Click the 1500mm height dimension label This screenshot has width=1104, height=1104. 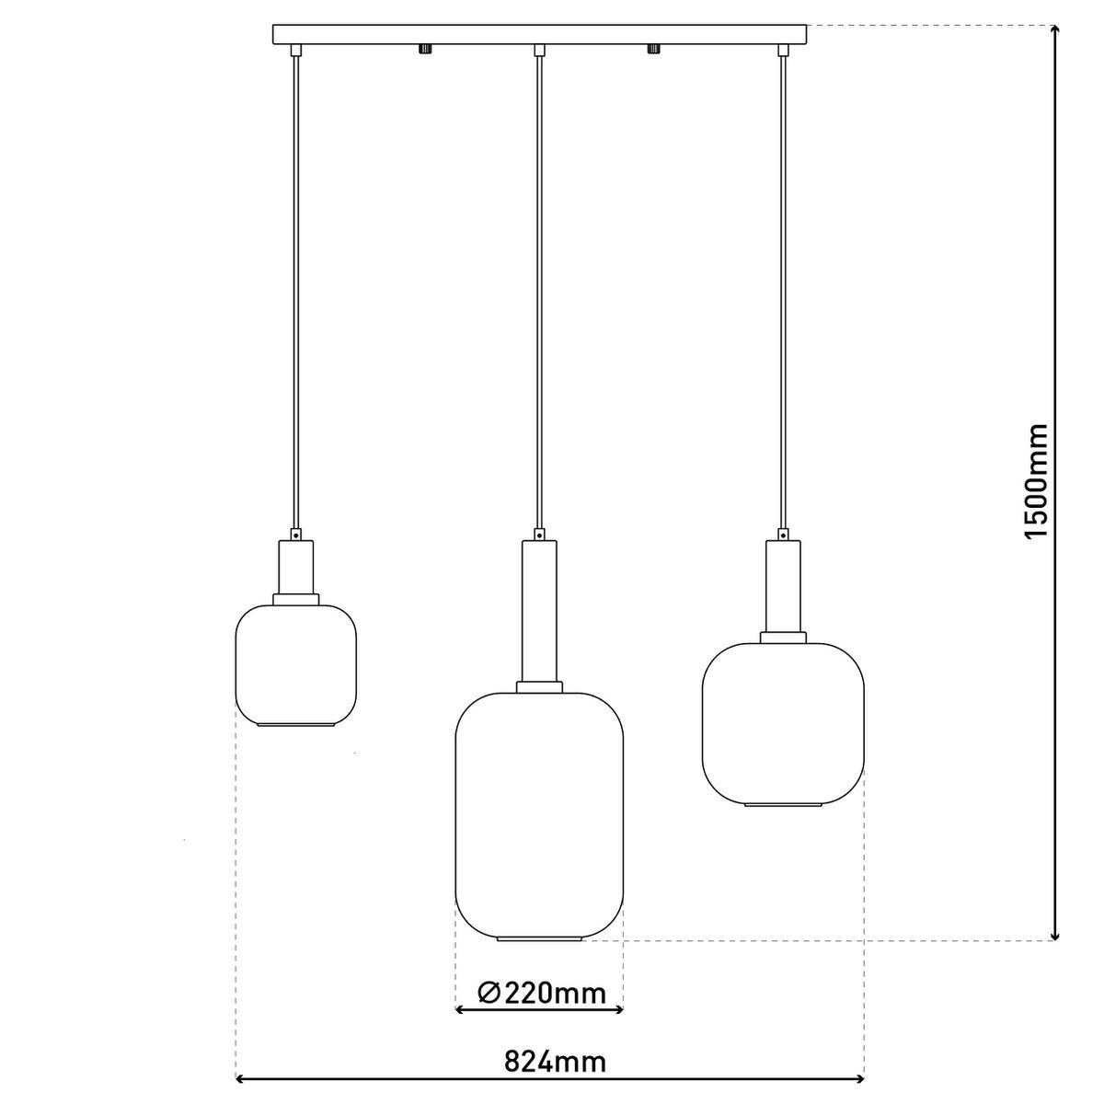click(x=1037, y=481)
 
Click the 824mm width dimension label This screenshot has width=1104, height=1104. click(x=555, y=1062)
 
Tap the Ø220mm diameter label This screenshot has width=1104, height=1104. click(x=543, y=993)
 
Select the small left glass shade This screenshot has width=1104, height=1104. click(x=296, y=664)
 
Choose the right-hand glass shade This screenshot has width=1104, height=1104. click(x=783, y=722)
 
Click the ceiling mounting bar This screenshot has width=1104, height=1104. click(x=540, y=34)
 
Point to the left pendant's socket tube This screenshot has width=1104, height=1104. click(x=296, y=567)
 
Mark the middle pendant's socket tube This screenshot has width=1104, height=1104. click(x=539, y=611)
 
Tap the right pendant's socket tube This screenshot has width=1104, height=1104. click(x=783, y=585)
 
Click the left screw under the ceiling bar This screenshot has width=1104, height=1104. click(x=424, y=49)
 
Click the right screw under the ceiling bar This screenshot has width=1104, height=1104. click(x=655, y=49)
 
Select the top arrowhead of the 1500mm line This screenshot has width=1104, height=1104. click(x=1053, y=29)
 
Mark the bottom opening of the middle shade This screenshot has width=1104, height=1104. click(x=540, y=939)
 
